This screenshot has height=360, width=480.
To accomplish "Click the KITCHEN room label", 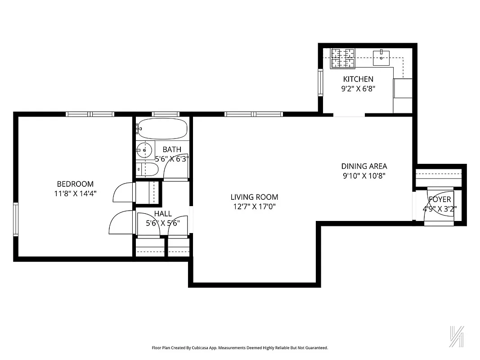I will click(x=358, y=79).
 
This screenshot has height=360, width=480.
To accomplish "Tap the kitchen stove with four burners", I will click(x=343, y=58).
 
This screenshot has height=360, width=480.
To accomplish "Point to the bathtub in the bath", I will click(x=162, y=129).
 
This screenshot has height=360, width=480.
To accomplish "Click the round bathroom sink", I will click(x=144, y=150).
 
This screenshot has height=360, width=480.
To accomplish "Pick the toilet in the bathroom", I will click(x=148, y=170).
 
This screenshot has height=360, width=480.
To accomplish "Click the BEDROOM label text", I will click(x=75, y=184).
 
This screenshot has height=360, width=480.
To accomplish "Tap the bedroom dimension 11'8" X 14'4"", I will click(x=75, y=193).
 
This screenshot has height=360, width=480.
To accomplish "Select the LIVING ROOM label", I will click(x=254, y=197).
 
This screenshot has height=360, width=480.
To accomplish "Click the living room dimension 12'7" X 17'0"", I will click(x=254, y=207).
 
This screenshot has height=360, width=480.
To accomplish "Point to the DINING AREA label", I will click(x=364, y=166).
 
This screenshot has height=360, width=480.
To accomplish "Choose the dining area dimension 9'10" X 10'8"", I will click(x=364, y=176).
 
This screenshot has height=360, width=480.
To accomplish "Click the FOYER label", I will click(x=440, y=199).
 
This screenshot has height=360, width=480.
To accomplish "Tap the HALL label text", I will click(x=163, y=213).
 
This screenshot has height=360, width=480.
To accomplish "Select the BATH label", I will click(x=172, y=149).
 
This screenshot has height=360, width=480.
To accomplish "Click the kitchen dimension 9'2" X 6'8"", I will click(x=358, y=89).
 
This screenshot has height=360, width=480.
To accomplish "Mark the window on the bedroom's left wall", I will click(x=16, y=219).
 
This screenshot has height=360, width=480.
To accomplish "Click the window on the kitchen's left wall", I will click(x=320, y=82).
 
